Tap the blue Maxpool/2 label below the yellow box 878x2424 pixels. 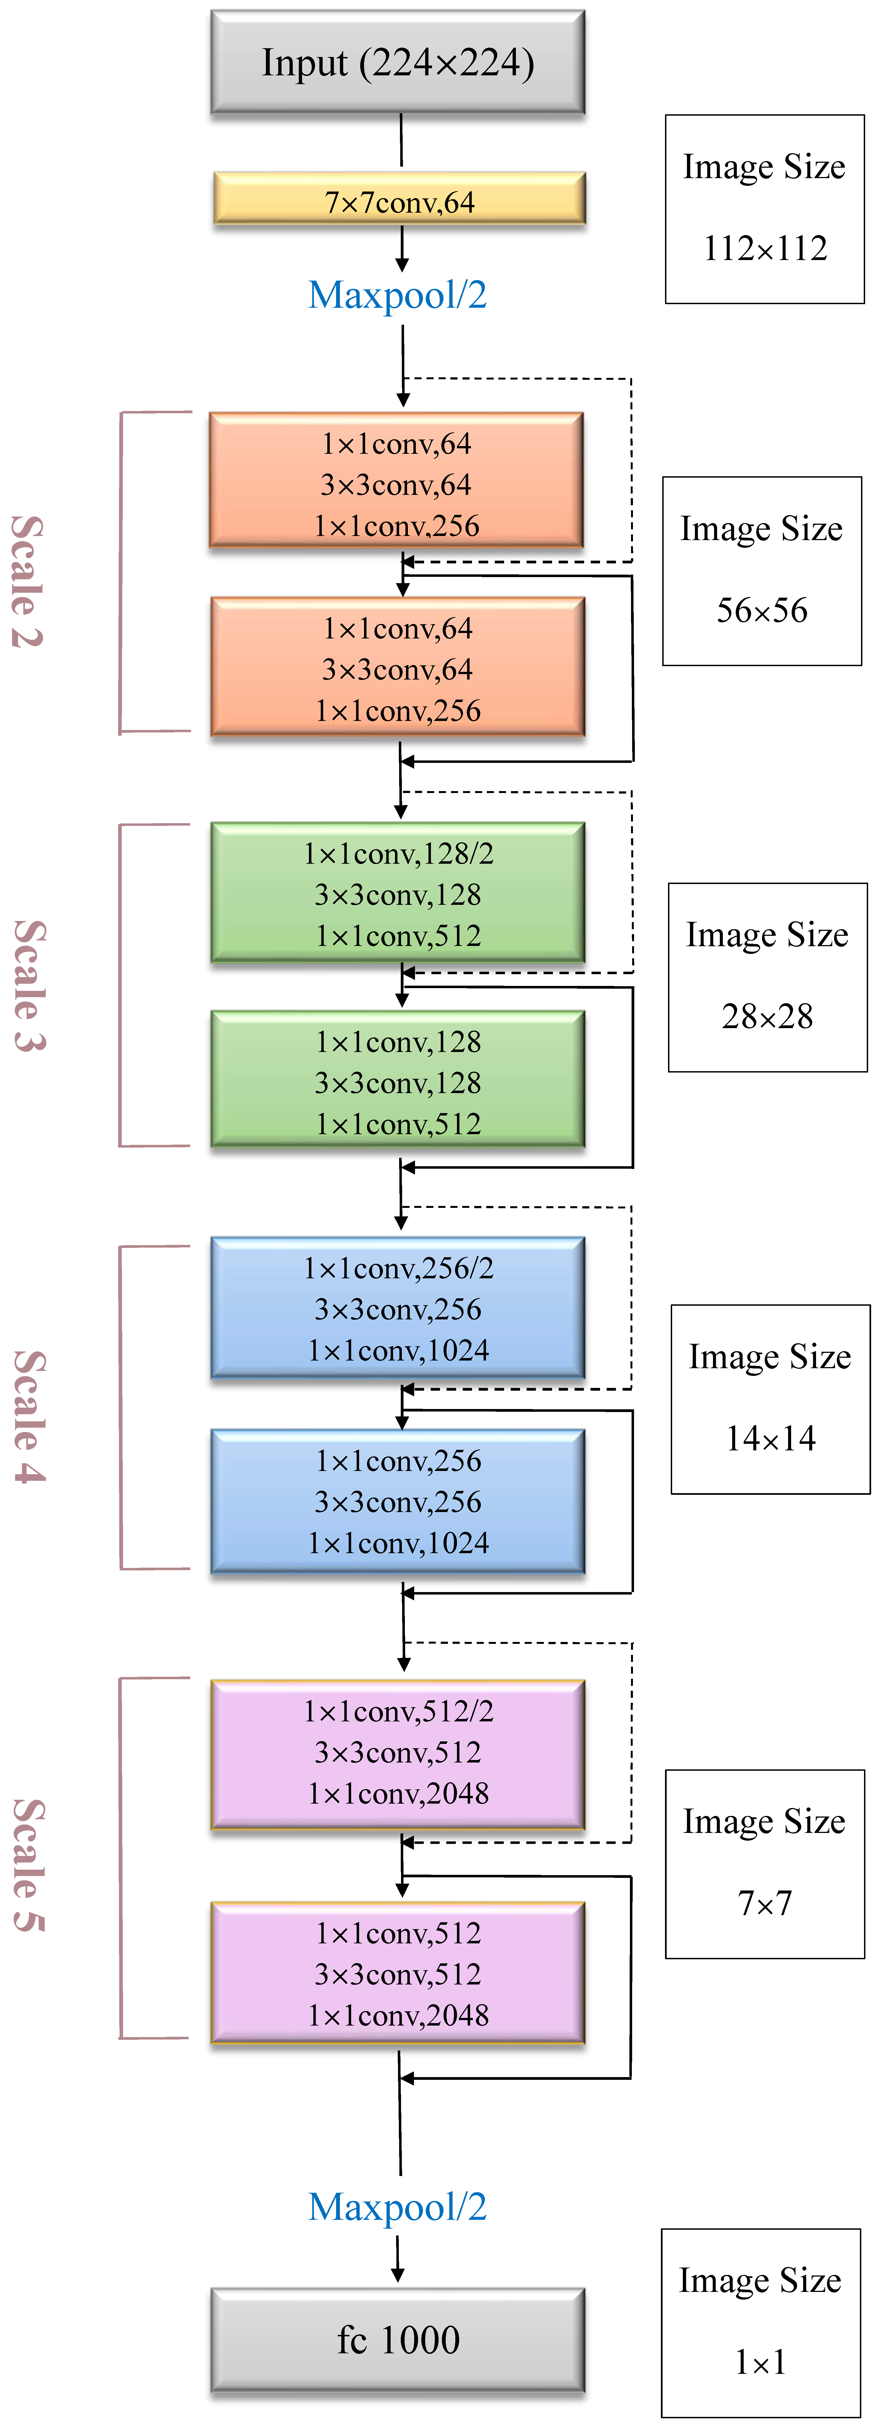pyautogui.click(x=397, y=295)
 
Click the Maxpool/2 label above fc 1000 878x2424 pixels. pyautogui.click(x=397, y=2207)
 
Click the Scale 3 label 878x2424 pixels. pyautogui.click(x=29, y=985)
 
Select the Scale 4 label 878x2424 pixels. pyautogui.click(x=29, y=1416)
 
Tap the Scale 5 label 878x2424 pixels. pyautogui.click(x=29, y=1865)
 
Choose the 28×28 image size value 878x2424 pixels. pyautogui.click(x=767, y=1016)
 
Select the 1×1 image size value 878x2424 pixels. pyautogui.click(x=760, y=2361)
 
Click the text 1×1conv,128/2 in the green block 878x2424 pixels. pyautogui.click(x=398, y=854)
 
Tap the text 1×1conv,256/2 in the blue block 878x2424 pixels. pyautogui.click(x=398, y=1268)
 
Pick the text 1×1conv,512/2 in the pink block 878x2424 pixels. pyautogui.click(x=398, y=1711)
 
